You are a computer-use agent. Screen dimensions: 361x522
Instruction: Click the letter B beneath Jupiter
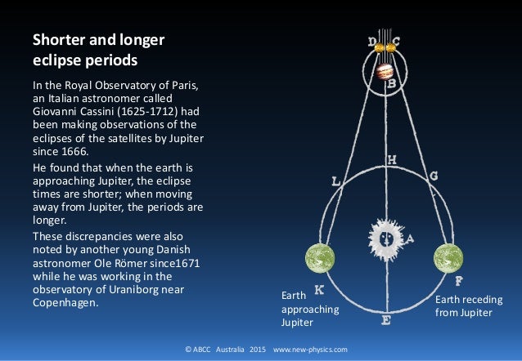click(392, 83)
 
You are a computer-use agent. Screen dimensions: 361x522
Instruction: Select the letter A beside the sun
click(410, 239)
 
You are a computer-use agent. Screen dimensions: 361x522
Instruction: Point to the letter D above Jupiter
click(373, 40)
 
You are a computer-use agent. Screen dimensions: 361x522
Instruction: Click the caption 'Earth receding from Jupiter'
click(469, 306)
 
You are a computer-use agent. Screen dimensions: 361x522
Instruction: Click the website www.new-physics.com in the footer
click(310, 349)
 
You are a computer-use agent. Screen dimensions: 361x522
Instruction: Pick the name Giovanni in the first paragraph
click(56, 113)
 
